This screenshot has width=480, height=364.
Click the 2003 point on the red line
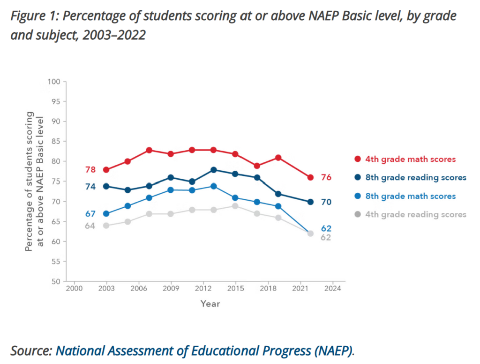(x=106, y=170)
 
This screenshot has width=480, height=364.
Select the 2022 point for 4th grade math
(x=310, y=177)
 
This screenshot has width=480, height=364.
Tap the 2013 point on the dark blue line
(x=213, y=170)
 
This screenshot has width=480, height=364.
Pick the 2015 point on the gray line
(x=235, y=206)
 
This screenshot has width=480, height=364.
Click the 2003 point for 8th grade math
(x=106, y=214)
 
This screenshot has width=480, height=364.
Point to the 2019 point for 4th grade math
(x=278, y=158)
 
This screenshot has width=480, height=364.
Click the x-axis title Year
(x=210, y=304)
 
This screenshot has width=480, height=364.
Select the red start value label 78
(x=90, y=170)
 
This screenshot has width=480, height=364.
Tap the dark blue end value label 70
(x=326, y=202)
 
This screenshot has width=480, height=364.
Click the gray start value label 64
(x=90, y=226)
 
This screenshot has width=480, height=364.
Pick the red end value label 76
(x=326, y=177)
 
